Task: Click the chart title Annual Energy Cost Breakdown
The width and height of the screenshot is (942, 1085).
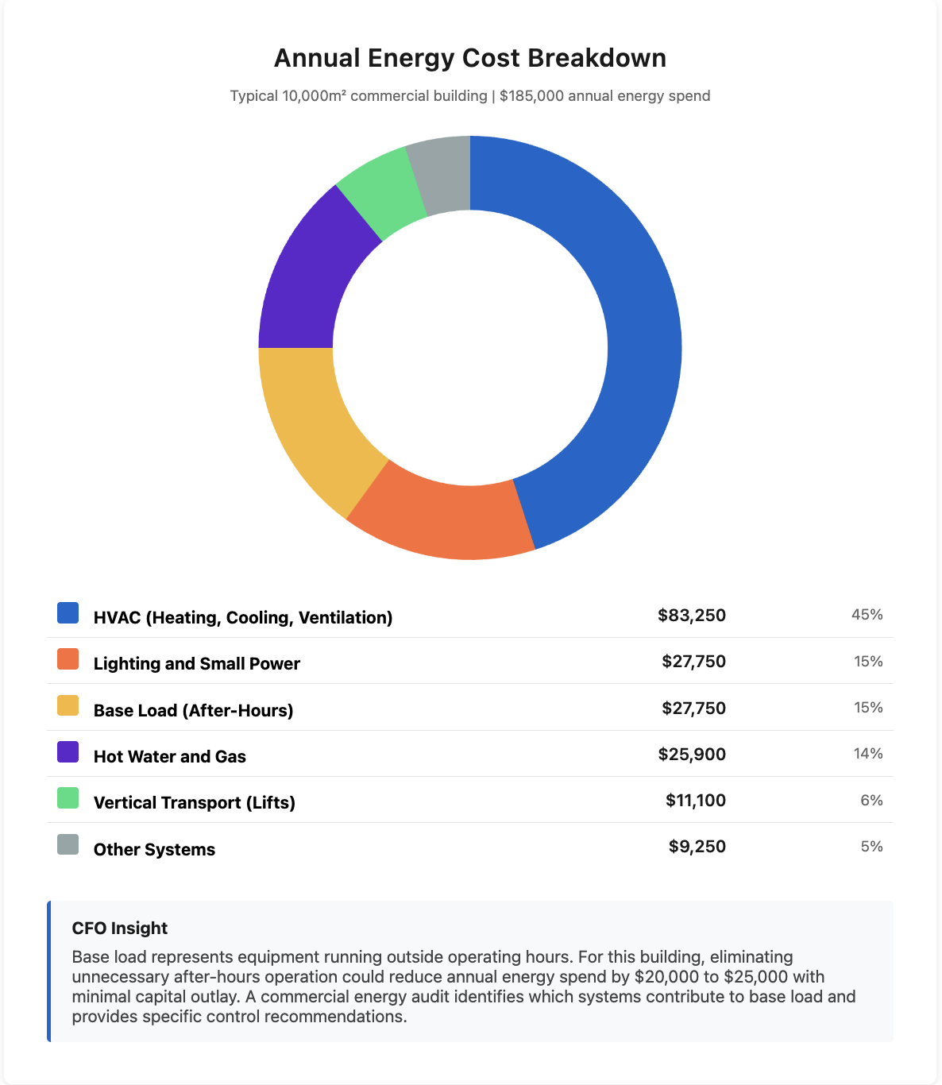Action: point(470,58)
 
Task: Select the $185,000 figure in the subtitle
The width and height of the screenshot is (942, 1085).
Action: point(531,96)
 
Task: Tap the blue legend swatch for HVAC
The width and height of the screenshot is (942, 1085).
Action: point(68,613)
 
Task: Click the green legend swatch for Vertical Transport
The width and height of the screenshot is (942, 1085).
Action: point(68,798)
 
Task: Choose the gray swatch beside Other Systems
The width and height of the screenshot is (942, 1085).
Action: point(68,844)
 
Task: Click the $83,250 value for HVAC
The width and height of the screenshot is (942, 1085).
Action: point(691,616)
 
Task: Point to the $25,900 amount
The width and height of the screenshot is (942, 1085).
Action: point(691,755)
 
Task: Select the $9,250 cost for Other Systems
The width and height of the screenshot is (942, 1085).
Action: point(697,847)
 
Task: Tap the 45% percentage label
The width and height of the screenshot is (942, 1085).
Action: point(867,615)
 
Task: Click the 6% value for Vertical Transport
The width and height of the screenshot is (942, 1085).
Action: point(871,801)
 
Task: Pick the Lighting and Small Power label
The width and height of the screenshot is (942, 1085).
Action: point(196,664)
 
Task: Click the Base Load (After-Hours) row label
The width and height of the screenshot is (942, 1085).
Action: point(193,710)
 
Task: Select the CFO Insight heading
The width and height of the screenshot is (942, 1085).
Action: point(120,929)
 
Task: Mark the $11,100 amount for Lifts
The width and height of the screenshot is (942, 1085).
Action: point(695,801)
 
